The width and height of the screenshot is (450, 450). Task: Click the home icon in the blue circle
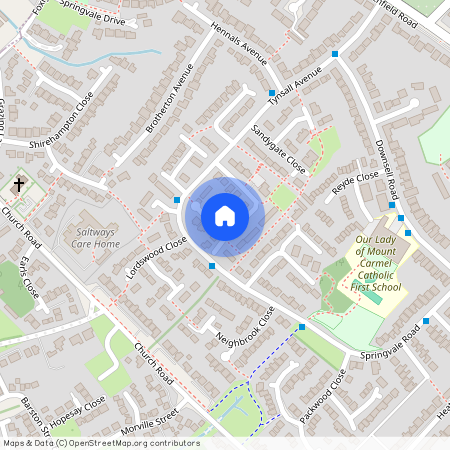[225, 215]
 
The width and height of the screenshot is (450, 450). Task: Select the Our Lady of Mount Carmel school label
[379, 263]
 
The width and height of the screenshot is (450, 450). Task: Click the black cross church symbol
[18, 185]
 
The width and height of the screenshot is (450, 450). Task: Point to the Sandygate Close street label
[278, 147]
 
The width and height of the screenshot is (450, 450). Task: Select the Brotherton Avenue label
[169, 100]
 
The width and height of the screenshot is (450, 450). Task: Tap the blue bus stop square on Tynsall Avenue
[271, 93]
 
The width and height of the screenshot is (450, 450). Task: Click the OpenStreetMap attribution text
[100, 443]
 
